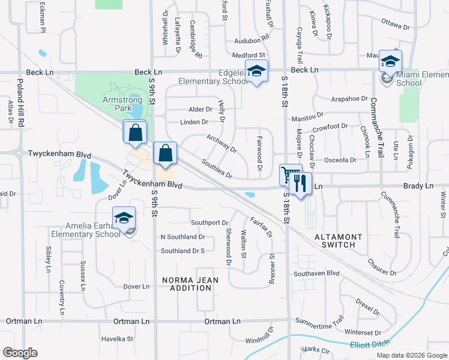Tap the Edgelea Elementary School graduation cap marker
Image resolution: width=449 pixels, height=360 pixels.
[x=257, y=71]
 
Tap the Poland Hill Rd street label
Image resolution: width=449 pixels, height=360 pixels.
[x=20, y=101]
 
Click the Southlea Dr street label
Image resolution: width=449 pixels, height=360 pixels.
[x=217, y=168]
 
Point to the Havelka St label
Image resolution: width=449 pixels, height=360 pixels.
[x=117, y=339]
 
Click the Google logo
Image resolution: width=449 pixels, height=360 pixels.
[x=20, y=352]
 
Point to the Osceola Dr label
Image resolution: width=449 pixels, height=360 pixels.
[x=340, y=160]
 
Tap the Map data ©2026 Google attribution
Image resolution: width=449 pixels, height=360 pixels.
[x=411, y=355]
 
